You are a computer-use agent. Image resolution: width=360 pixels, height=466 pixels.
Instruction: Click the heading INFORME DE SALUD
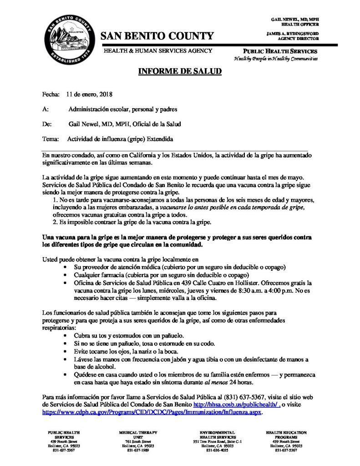click(180, 71)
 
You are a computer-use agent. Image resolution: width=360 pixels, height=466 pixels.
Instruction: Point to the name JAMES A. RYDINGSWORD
click(293, 34)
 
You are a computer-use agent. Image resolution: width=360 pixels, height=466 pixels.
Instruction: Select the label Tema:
click(51, 138)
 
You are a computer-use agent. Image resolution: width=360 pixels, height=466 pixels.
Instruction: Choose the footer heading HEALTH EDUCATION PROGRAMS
click(286, 434)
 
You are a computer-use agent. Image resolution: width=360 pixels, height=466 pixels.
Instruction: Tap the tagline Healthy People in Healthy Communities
click(276, 59)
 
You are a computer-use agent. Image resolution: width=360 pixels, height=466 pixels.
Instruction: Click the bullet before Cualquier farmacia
click(66, 275)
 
